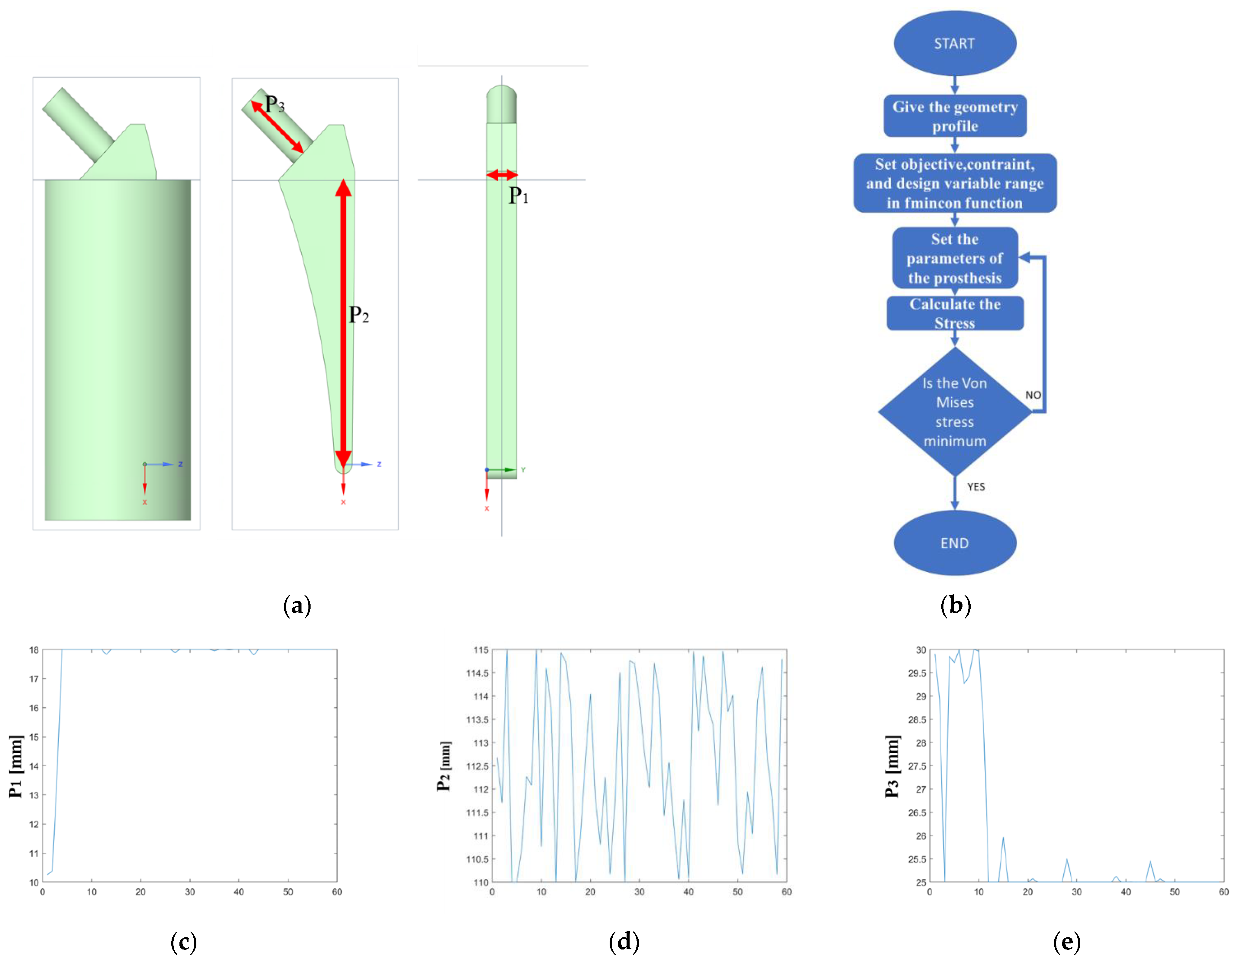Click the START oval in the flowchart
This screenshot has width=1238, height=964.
click(x=955, y=43)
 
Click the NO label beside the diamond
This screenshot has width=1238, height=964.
click(x=1033, y=395)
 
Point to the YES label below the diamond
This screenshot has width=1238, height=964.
click(x=975, y=487)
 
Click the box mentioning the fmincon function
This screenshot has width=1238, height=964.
click(x=955, y=183)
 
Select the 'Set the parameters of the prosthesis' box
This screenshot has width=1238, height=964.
click(x=955, y=258)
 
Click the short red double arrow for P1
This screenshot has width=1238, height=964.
click(x=502, y=175)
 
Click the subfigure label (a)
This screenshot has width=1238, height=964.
click(x=297, y=605)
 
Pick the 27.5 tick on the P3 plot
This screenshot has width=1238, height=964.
click(x=917, y=766)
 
